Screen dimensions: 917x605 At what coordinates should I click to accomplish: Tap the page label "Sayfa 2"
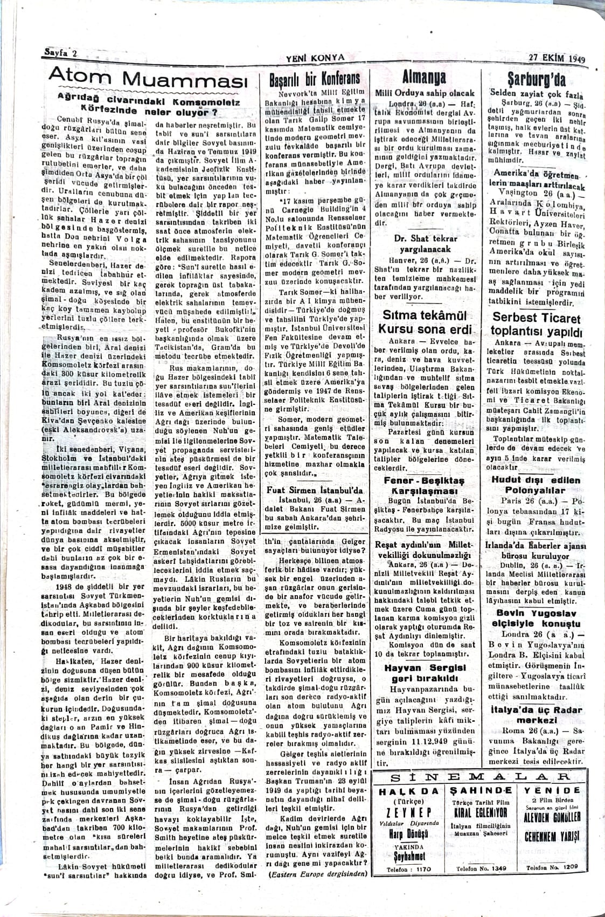click(x=60, y=54)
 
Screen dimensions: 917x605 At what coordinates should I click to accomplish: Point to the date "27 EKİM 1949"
click(x=556, y=59)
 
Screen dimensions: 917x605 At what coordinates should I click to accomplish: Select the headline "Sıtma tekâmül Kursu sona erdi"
click(x=425, y=322)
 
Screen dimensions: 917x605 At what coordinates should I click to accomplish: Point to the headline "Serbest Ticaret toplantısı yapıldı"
click(x=536, y=325)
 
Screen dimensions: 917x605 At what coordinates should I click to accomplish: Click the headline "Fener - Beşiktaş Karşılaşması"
click(x=423, y=485)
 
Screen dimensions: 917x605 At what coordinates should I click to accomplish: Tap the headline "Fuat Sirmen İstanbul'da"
click(x=316, y=491)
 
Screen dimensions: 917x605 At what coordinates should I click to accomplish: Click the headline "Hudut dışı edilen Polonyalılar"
click(x=537, y=485)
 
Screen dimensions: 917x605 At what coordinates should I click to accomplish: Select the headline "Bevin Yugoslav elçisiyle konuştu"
click(x=537, y=618)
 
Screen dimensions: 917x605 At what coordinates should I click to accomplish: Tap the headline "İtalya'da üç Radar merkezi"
click(x=537, y=714)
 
